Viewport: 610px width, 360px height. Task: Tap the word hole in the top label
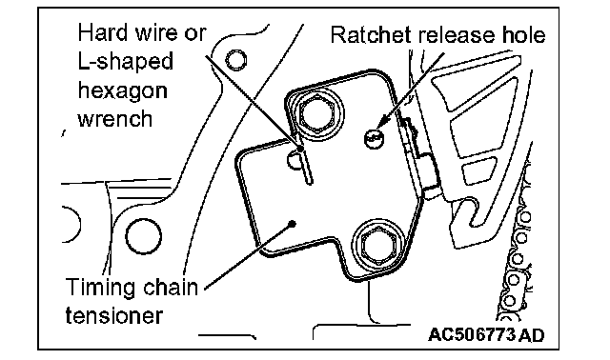point(523,34)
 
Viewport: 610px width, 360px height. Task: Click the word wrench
point(115,118)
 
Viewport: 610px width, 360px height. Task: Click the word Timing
point(100,288)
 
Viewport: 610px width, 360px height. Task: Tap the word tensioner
point(114,315)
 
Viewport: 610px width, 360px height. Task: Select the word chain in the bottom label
point(170,288)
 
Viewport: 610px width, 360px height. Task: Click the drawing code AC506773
point(472,334)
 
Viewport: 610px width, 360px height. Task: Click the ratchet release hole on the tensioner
point(374,138)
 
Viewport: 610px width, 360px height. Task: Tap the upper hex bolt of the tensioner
point(317,114)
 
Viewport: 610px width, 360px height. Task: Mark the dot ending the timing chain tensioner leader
point(293,224)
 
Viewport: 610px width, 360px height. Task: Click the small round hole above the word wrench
point(235,60)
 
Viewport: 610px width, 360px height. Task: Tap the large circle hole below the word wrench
point(143,236)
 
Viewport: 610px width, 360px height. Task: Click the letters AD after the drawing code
point(531,334)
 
